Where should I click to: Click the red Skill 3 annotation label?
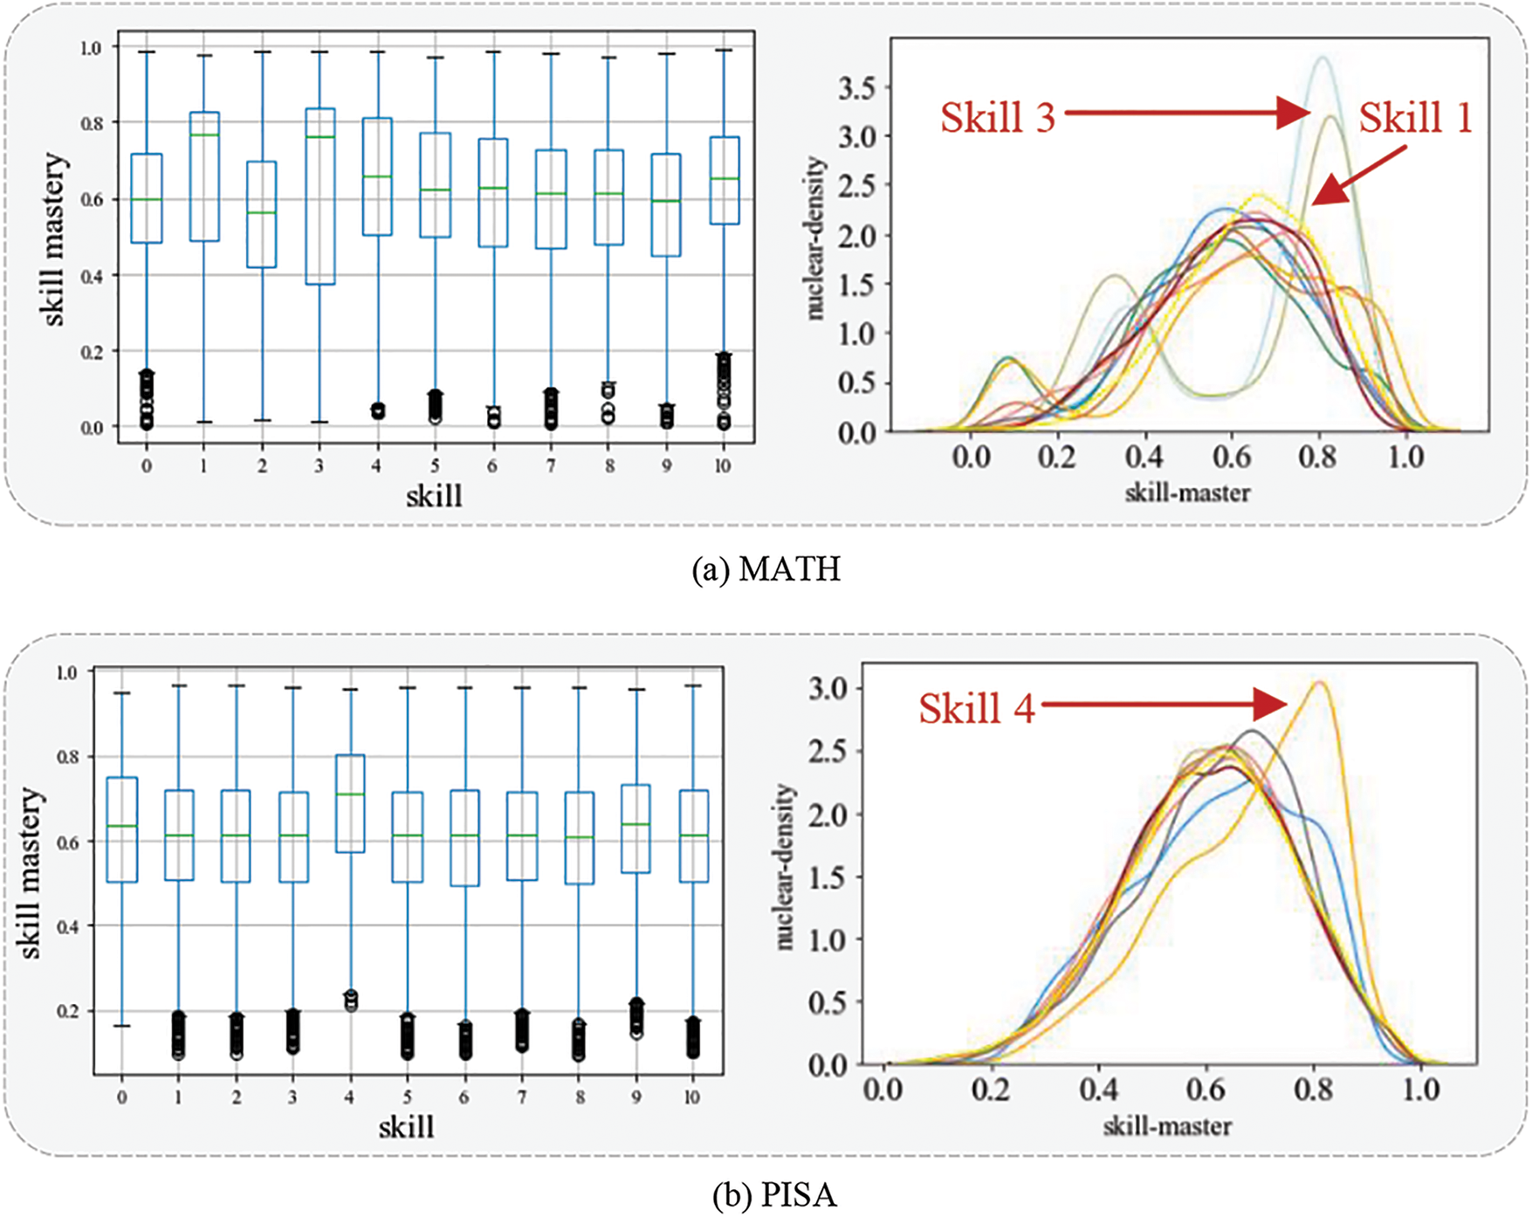click(998, 118)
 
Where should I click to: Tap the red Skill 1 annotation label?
click(1415, 117)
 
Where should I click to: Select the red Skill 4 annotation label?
click(976, 708)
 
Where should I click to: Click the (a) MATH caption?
click(766, 569)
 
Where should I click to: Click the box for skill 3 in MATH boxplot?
click(319, 196)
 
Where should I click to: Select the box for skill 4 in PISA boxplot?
click(350, 803)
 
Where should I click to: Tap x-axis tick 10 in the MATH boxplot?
click(723, 466)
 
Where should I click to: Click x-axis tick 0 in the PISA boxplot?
click(121, 1097)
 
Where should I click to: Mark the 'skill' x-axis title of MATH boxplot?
click(434, 496)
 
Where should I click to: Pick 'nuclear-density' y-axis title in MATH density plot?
click(815, 237)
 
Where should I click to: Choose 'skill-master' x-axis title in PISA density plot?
click(1167, 1126)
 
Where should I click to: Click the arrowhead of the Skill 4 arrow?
click(1273, 704)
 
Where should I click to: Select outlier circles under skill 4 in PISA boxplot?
click(350, 1000)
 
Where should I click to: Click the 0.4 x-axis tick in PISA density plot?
click(1098, 1090)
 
